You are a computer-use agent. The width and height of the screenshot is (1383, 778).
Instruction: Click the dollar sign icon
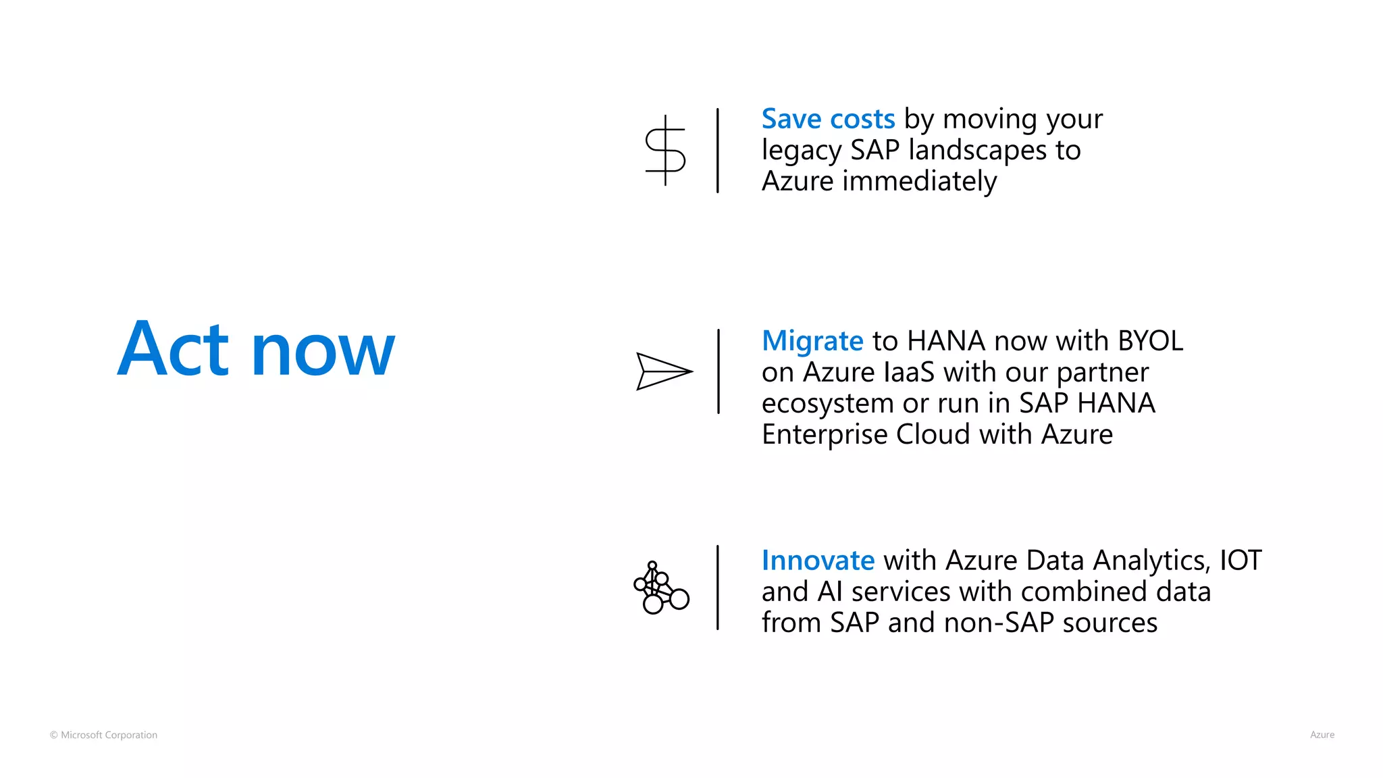pos(665,151)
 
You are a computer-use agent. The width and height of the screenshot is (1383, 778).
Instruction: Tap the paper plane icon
pos(664,371)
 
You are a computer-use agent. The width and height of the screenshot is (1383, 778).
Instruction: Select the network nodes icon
pos(661,588)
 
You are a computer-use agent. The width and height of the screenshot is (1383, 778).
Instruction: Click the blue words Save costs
pos(828,119)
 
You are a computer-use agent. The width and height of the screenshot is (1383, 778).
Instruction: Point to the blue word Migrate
pos(812,341)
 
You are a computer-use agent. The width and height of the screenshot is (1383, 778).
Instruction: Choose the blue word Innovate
pos(818,561)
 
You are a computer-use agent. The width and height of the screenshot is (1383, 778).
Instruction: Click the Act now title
pos(256,349)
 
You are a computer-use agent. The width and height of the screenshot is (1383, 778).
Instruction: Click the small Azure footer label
pos(1322,735)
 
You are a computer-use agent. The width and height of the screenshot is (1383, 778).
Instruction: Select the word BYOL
pos(1150,341)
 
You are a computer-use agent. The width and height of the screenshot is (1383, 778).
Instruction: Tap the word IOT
pos(1240,561)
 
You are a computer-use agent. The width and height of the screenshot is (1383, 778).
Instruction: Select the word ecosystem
pos(827,404)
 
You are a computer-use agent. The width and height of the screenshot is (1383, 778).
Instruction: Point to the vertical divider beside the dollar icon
pos(717,151)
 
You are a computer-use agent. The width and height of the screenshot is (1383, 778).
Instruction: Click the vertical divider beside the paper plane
pos(718,371)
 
